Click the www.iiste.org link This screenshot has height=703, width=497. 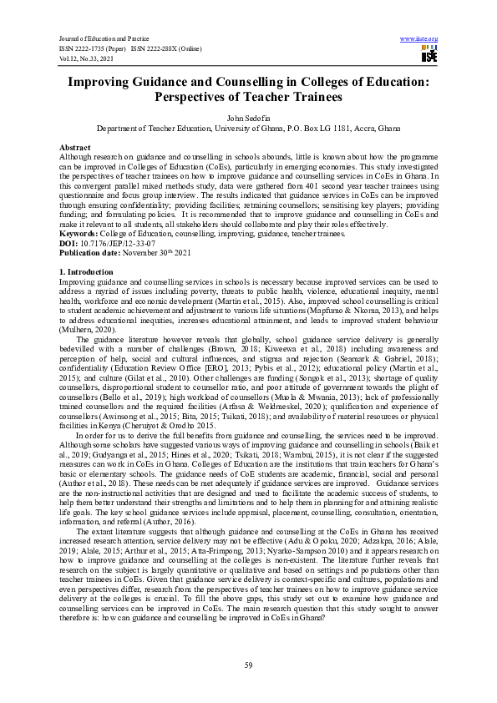coord(419,39)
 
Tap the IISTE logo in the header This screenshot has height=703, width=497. coord(429,55)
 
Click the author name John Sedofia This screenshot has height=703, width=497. coord(248,119)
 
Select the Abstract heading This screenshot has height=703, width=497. coord(74,146)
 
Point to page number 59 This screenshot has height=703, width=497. coord(248,664)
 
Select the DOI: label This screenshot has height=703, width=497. coord(68,244)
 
